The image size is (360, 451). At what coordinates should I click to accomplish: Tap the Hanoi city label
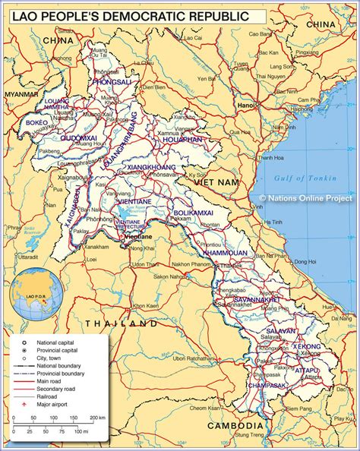point(245,106)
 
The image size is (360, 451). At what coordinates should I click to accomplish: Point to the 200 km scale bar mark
point(97,418)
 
